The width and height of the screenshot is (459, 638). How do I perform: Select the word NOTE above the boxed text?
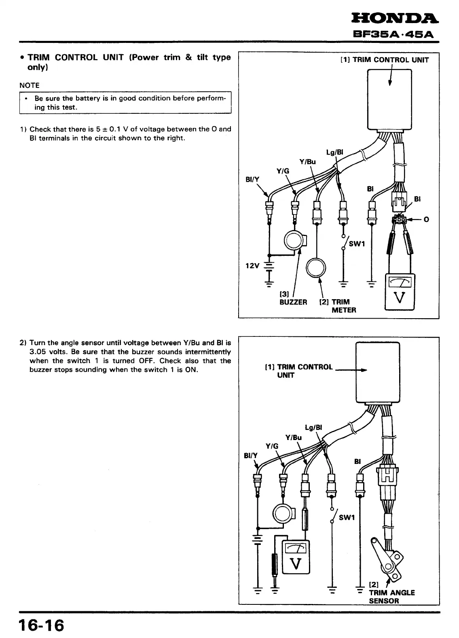click(x=30, y=85)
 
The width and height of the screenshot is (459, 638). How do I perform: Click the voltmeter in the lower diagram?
click(x=296, y=557)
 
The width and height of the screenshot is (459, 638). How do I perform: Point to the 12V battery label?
click(x=252, y=266)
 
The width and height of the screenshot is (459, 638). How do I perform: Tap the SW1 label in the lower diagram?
click(x=347, y=518)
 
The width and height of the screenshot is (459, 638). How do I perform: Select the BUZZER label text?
click(x=293, y=302)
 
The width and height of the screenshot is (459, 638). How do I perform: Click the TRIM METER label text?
click(x=340, y=306)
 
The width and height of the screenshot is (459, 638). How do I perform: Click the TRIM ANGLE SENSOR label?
click(x=391, y=597)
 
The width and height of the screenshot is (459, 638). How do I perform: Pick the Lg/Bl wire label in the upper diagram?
click(x=334, y=152)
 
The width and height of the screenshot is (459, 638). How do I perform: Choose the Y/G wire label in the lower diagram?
click(x=272, y=446)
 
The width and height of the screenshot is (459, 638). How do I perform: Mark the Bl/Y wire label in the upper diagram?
click(x=252, y=180)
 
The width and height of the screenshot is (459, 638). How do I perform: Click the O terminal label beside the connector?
click(x=426, y=220)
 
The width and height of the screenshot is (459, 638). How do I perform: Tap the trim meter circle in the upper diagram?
click(x=316, y=267)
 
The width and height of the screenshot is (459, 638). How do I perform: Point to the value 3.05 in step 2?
click(x=38, y=352)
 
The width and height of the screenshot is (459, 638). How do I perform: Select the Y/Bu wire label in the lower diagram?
click(x=294, y=437)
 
